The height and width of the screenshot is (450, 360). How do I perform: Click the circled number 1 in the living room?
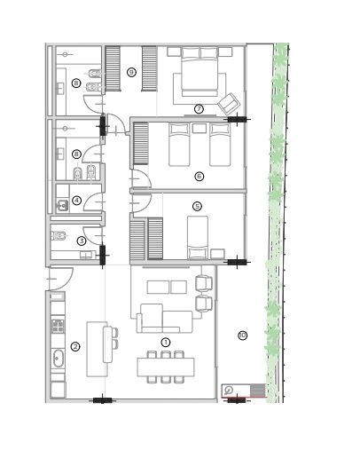point(166,343)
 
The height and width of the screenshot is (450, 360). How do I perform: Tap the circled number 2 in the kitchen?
point(75,346)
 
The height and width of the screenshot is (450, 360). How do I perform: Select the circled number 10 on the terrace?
point(243,336)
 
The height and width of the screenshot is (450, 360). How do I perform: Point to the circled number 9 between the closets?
point(131,72)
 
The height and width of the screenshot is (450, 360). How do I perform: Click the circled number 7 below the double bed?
point(199,109)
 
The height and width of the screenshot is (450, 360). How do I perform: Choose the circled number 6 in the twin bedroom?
point(200,177)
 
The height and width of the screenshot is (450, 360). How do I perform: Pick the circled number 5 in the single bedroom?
point(198,206)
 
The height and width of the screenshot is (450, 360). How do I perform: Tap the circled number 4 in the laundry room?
point(77,201)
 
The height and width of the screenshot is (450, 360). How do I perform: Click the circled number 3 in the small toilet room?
point(82,241)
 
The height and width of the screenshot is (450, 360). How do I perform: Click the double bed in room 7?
point(200,72)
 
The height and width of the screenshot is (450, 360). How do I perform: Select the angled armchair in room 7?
point(229,104)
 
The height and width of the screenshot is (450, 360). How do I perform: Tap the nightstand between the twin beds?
point(199,129)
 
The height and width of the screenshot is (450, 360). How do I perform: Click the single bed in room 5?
point(198,237)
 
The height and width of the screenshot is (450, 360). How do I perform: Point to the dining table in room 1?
point(166,367)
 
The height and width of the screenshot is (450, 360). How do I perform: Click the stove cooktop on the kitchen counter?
point(58,326)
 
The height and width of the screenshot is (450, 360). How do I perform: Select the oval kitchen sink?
point(58,359)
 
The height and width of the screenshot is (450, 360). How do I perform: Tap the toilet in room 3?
point(59,236)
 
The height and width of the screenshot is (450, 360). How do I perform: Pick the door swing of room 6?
point(141,179)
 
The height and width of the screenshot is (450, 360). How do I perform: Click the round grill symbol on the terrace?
point(228,391)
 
